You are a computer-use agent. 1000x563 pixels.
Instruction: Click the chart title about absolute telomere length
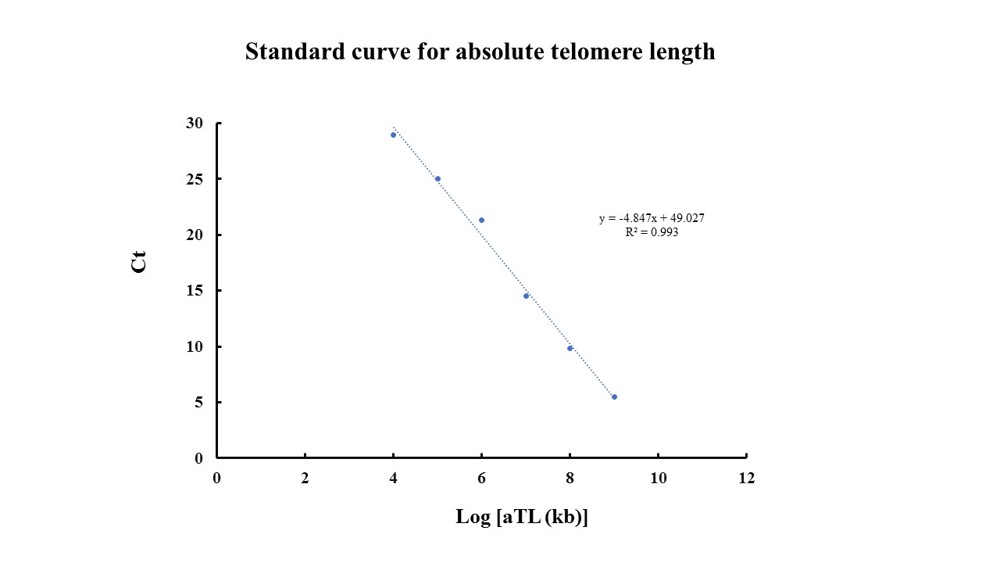[480, 52]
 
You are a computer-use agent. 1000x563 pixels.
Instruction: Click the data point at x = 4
[393, 134]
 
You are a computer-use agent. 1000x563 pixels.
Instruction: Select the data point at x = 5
[437, 179]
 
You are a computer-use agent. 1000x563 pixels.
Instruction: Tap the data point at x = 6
[481, 220]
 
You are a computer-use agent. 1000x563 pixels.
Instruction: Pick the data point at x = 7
[526, 296]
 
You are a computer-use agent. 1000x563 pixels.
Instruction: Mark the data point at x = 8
[570, 348]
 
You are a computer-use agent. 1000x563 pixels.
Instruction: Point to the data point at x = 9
[614, 396]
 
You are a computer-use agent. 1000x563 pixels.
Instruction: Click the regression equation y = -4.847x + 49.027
[652, 219]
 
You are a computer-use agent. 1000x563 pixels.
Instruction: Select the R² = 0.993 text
[652, 232]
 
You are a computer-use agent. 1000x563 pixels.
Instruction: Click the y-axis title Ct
[139, 262]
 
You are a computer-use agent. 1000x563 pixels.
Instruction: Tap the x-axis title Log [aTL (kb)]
[521, 517]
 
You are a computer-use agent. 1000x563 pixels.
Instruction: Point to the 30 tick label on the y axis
[195, 124]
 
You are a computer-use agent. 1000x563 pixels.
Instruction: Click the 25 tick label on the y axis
[195, 179]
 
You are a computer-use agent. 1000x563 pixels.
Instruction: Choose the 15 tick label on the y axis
[195, 291]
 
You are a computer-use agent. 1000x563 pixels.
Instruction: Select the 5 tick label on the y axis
[198, 403]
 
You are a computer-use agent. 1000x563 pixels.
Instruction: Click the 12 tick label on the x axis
[746, 479]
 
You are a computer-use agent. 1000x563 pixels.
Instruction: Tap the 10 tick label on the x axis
[658, 479]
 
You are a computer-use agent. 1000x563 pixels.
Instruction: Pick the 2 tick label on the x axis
[305, 479]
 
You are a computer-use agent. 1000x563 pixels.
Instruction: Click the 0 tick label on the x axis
[216, 479]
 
